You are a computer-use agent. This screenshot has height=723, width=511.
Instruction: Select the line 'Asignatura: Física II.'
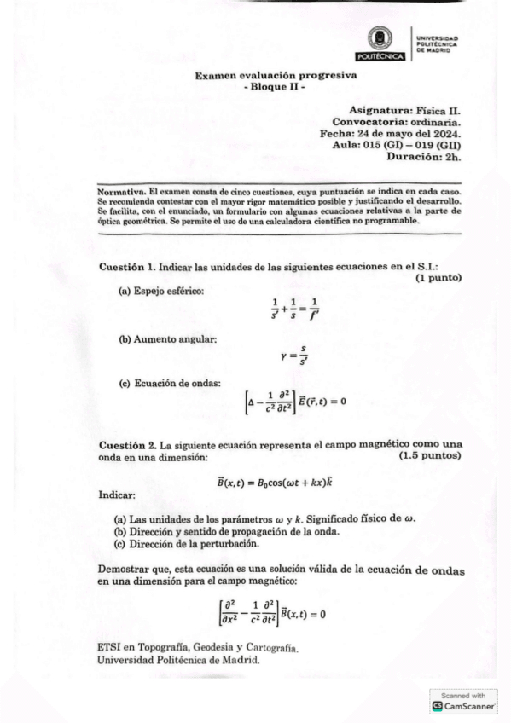click(404, 111)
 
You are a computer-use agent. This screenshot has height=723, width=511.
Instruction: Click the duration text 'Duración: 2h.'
click(424, 157)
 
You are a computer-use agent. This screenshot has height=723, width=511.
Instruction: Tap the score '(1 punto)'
click(438, 278)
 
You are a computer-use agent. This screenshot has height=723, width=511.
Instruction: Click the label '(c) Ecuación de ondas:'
click(171, 383)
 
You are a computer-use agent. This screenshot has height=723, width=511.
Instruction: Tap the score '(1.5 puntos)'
click(430, 457)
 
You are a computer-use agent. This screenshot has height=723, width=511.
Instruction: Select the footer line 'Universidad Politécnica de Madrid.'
click(179, 660)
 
